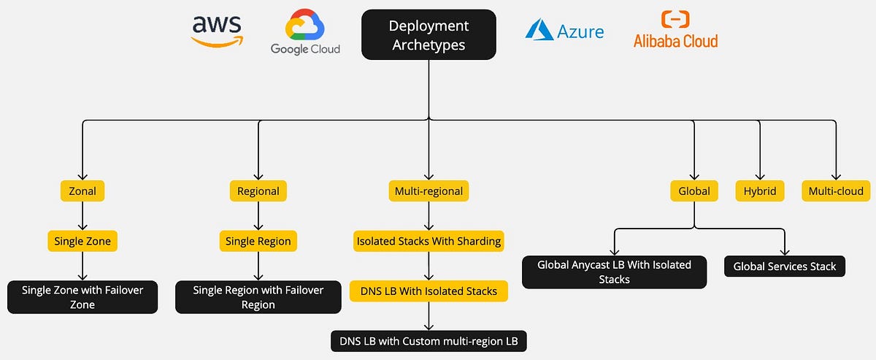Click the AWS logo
(217, 31)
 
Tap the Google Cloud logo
(305, 34)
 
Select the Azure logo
(564, 31)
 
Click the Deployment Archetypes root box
(429, 34)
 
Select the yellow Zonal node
(82, 191)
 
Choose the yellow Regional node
(258, 191)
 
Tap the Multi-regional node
(428, 191)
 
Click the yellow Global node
(693, 191)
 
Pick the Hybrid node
(760, 191)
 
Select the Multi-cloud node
(835, 191)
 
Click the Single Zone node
(82, 241)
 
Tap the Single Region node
(258, 241)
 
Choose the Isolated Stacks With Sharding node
(429, 241)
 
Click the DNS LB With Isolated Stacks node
(429, 291)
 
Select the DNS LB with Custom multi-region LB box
(429, 340)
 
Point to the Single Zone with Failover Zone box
(82, 297)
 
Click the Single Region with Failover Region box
(258, 297)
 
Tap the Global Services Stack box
(785, 267)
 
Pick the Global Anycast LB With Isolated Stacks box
(614, 272)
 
